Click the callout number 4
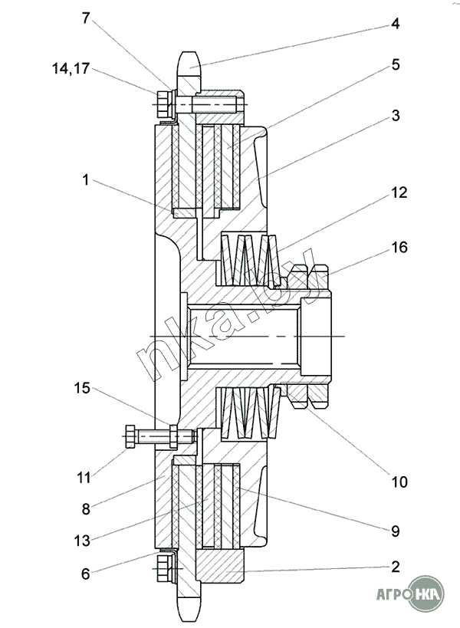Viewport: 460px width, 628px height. pyautogui.click(x=395, y=24)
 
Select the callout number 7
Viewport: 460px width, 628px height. pyautogui.click(x=86, y=18)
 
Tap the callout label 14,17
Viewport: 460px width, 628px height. pyautogui.click(x=71, y=68)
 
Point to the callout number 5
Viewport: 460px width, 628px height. pyautogui.click(x=396, y=64)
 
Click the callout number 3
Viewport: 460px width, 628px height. pyautogui.click(x=395, y=115)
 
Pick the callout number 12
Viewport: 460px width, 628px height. pyautogui.click(x=399, y=192)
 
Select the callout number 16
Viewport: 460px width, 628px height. pyautogui.click(x=399, y=247)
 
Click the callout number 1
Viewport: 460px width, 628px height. pyautogui.click(x=85, y=180)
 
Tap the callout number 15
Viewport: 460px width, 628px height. pyautogui.click(x=82, y=388)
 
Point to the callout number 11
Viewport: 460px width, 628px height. pyautogui.click(x=84, y=478)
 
